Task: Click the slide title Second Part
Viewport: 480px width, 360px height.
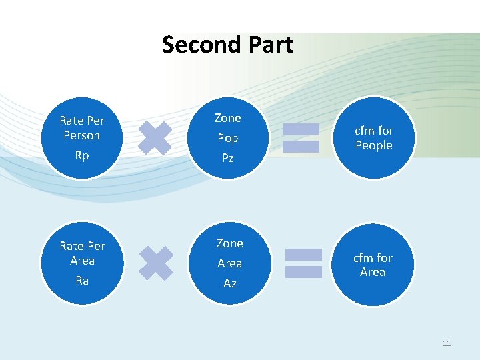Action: [227, 45]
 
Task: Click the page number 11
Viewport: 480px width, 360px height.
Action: [446, 343]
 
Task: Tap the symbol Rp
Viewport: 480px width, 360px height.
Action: [82, 155]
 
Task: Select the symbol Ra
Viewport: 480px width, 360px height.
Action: [82, 281]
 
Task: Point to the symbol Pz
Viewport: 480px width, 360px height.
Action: [228, 159]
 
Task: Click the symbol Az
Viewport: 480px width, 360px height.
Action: [229, 284]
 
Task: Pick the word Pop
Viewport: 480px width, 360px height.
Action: [228, 139]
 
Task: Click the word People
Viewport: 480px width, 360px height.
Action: [373, 145]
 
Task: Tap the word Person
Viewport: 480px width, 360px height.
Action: [82, 135]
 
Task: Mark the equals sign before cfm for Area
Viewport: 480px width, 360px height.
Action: [303, 263]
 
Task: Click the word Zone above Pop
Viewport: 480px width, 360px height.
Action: [228, 118]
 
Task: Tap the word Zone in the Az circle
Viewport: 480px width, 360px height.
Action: [229, 243]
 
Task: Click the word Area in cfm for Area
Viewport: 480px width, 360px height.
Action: [373, 272]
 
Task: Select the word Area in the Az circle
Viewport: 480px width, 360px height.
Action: [229, 263]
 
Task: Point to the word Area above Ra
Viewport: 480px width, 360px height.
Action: [82, 261]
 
